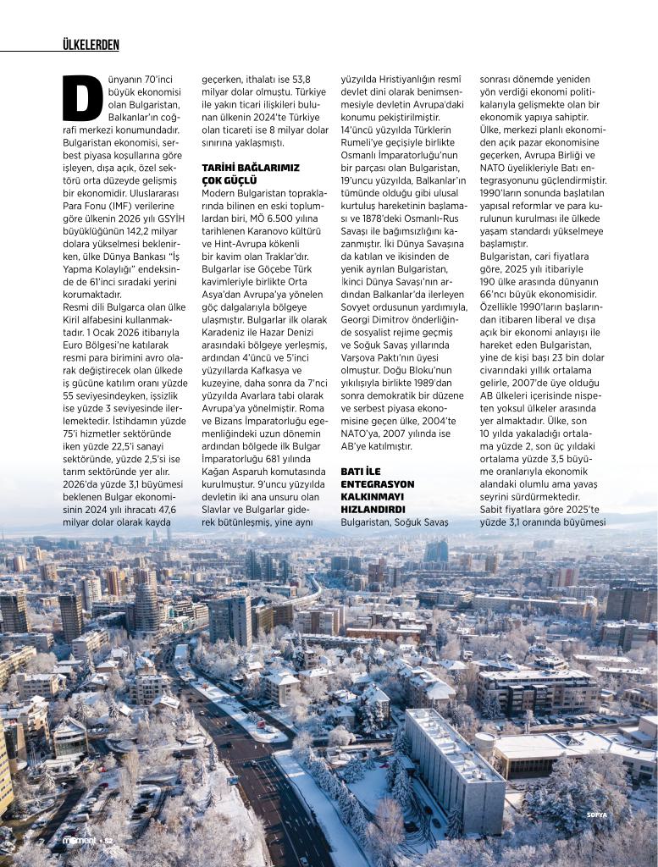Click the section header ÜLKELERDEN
click(91, 44)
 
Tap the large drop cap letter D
click(82, 98)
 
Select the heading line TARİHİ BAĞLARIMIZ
click(239, 168)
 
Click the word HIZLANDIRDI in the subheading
click(373, 510)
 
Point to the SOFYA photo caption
click(598, 815)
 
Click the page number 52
click(108, 841)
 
